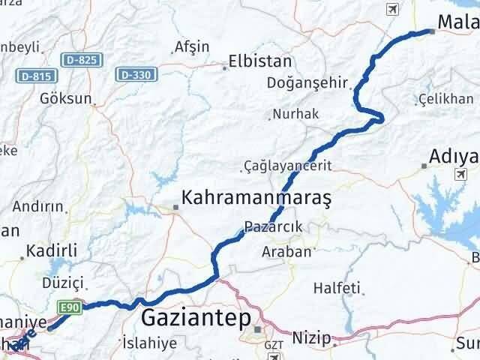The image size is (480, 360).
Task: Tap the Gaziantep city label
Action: point(196,319)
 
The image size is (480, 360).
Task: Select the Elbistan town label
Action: point(260,61)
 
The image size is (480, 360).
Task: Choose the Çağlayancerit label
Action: point(288,165)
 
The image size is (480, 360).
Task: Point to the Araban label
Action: point(286,252)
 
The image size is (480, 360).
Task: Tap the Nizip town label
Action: point(310,338)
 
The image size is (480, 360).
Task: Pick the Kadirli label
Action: point(47,250)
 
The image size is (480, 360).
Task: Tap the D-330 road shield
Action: point(133,74)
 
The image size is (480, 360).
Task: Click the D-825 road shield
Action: point(78,60)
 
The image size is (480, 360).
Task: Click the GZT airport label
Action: point(272,346)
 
